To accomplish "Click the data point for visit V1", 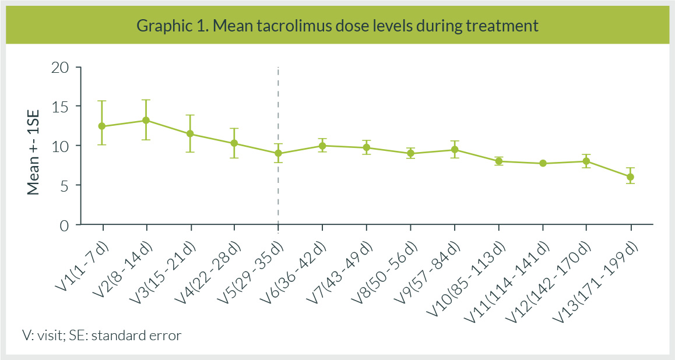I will click(102, 126).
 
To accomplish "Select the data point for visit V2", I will click(146, 120).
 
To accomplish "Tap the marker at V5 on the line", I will click(278, 153).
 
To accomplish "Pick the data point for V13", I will click(631, 177).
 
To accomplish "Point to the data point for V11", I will click(543, 163).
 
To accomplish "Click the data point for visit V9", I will click(455, 150).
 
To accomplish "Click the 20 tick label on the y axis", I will click(61, 67).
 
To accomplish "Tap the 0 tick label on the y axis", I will click(65, 225).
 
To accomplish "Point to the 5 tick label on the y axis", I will click(65, 185).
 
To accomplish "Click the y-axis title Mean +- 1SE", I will click(33, 146).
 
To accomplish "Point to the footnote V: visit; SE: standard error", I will click(101, 336).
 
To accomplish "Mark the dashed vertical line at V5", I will click(278, 105).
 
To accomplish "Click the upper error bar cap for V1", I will click(102, 101).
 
